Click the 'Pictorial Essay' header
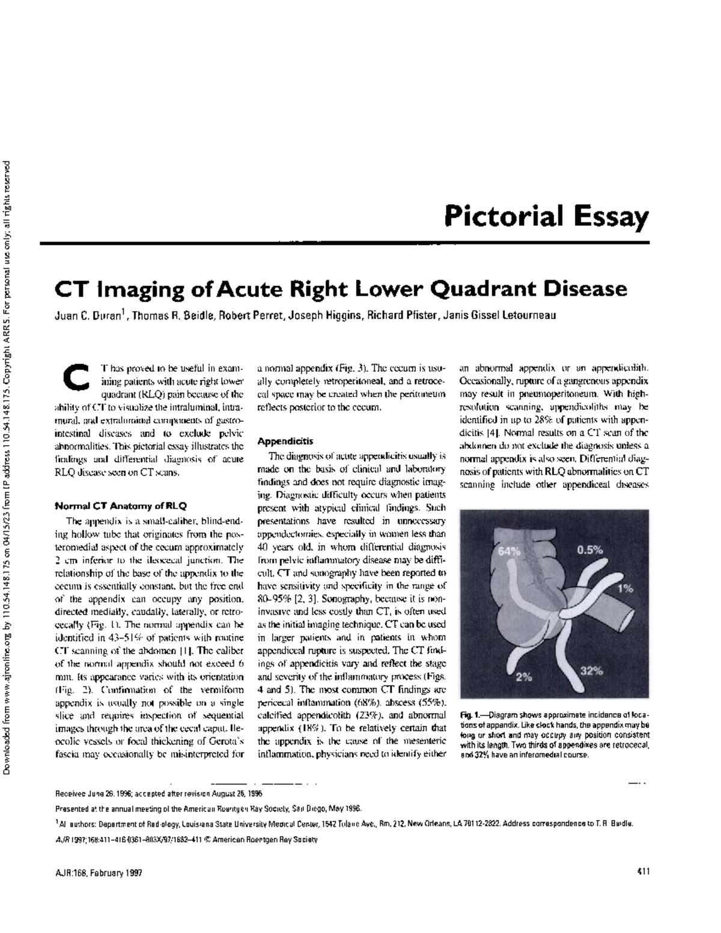(547, 217)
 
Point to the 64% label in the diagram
(509, 551)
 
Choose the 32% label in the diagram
(592, 671)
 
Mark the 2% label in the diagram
(524, 677)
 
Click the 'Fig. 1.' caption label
(473, 716)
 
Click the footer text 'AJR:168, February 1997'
(99, 872)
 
